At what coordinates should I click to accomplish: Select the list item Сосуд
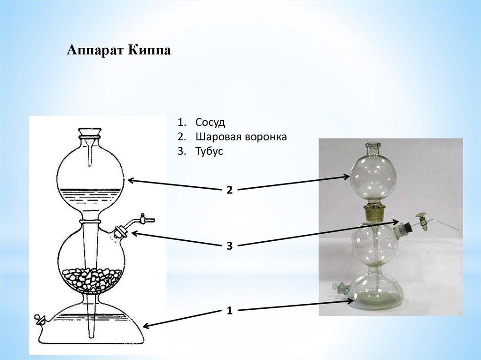(210, 123)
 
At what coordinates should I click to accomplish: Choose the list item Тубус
(209, 152)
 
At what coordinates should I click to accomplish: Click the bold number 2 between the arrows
(229, 190)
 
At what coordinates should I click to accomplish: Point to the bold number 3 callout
(229, 245)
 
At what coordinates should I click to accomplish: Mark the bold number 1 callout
(229, 310)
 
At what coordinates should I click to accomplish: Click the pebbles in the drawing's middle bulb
(92, 280)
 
